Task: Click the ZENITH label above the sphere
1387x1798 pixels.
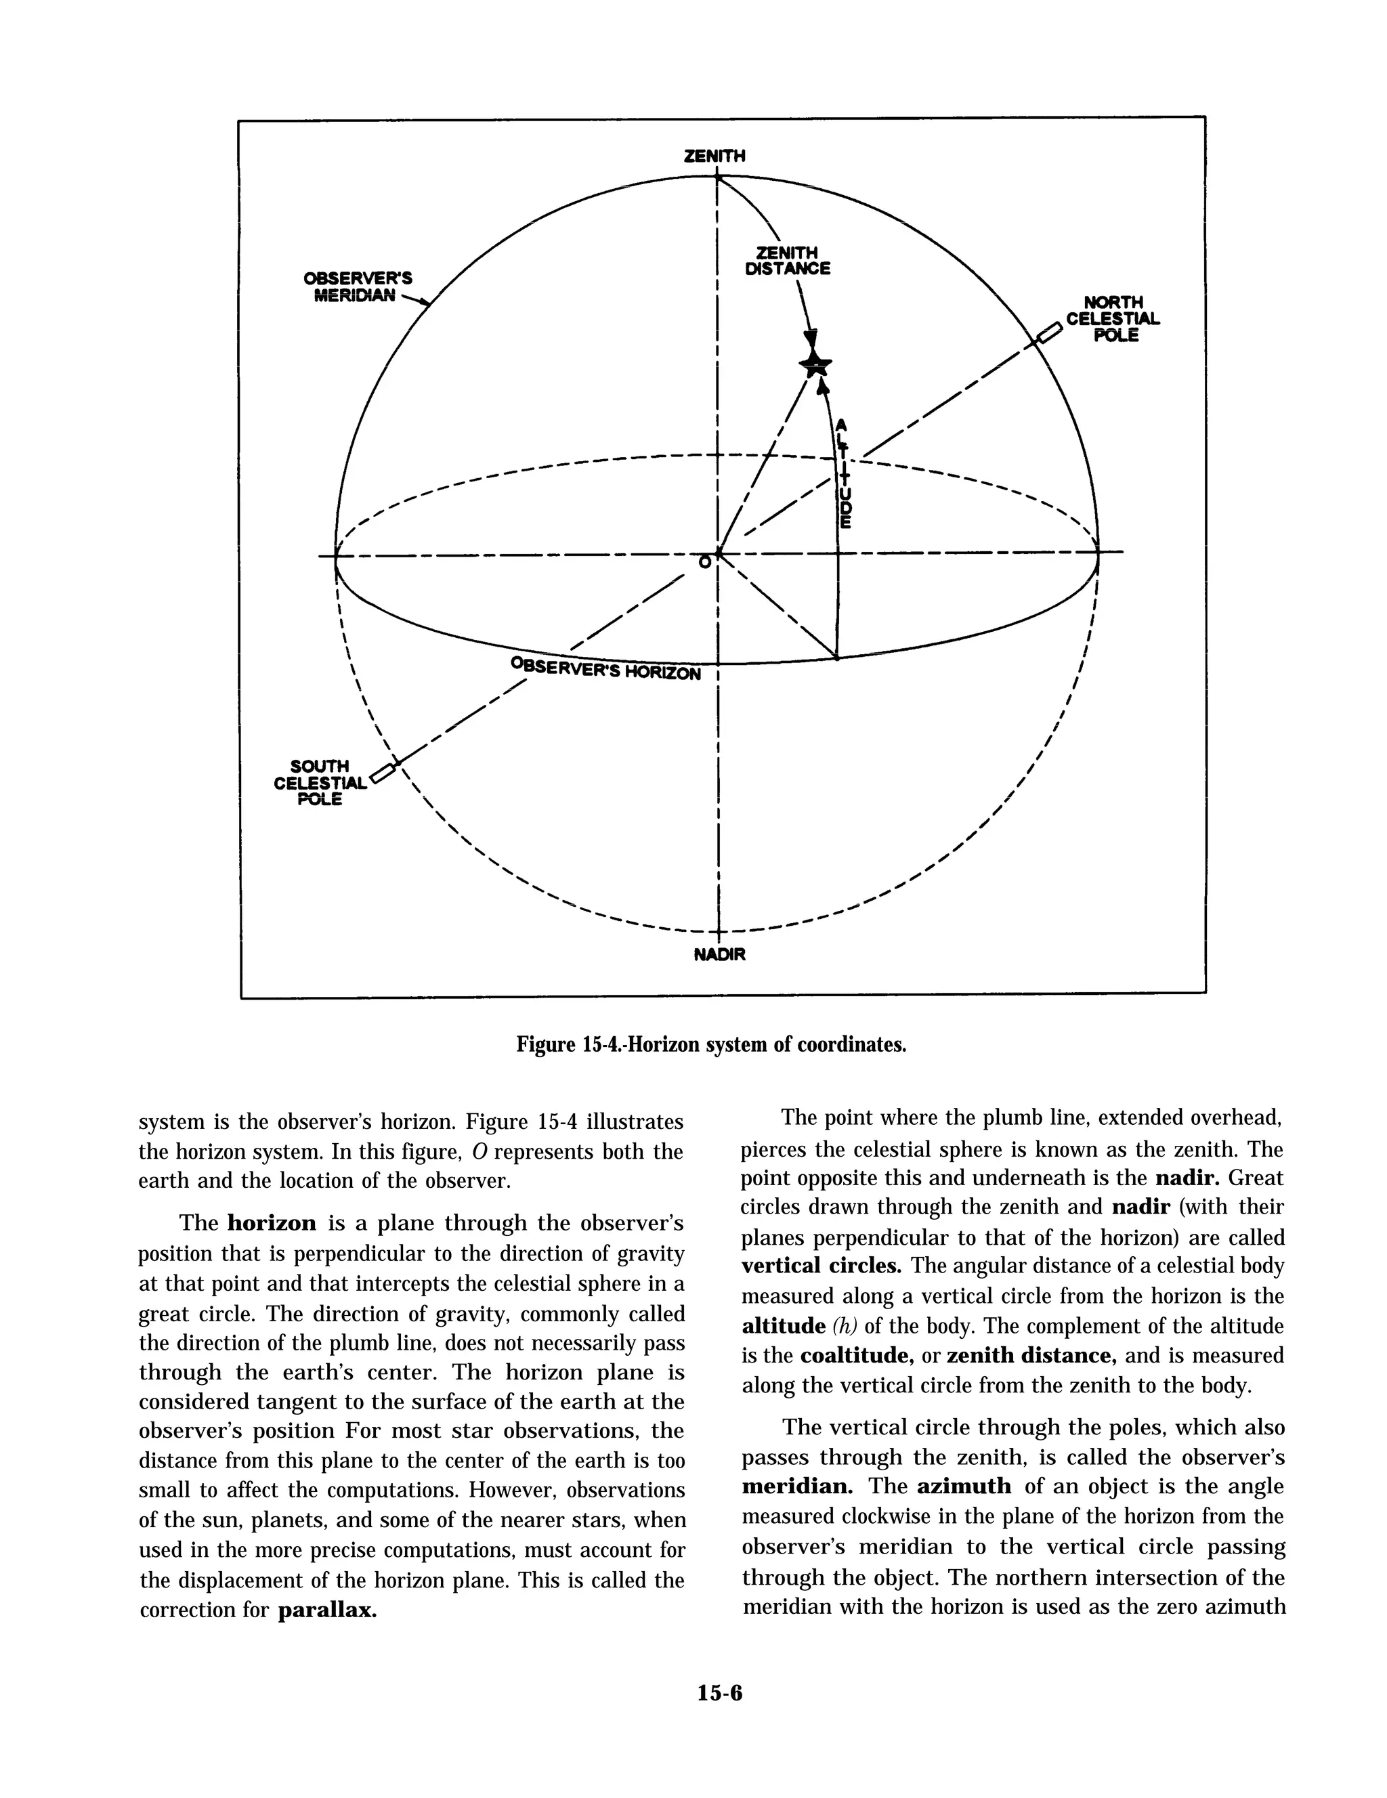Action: (714, 156)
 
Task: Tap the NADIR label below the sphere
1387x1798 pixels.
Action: (719, 955)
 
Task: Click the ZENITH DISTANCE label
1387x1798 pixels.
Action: (788, 261)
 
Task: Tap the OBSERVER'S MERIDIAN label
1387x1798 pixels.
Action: (357, 286)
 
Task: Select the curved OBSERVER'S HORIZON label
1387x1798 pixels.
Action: (606, 668)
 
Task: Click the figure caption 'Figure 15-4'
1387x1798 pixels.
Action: (711, 1045)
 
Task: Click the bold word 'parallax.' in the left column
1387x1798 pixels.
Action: (327, 1610)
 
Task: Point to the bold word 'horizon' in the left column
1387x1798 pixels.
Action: (272, 1223)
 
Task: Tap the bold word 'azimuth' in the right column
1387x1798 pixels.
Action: (964, 1486)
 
